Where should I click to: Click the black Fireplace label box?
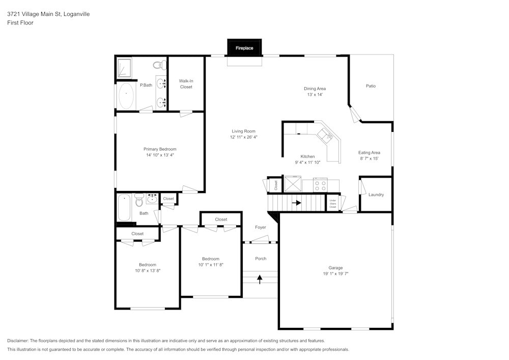click(244, 48)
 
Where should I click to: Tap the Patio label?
click(371, 86)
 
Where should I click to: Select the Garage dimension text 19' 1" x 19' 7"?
click(335, 273)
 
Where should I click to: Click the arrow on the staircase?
click(296, 203)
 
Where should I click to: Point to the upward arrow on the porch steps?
click(260, 280)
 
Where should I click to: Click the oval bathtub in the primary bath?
click(126, 96)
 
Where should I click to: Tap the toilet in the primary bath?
click(159, 65)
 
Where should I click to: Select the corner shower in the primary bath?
click(124, 68)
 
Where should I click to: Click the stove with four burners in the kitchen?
click(320, 185)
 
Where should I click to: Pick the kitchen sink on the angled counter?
click(326, 135)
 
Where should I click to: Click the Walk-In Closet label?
click(186, 84)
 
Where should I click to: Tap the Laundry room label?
click(376, 195)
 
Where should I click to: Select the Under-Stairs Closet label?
click(333, 204)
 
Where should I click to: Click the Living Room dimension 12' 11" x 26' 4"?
click(244, 137)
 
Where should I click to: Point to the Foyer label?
click(260, 227)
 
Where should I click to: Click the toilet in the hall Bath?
click(139, 200)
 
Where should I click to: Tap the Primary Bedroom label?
click(160, 149)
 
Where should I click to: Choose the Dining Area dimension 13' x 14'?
click(315, 95)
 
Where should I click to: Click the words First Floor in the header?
click(20, 23)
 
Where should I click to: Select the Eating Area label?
click(369, 153)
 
